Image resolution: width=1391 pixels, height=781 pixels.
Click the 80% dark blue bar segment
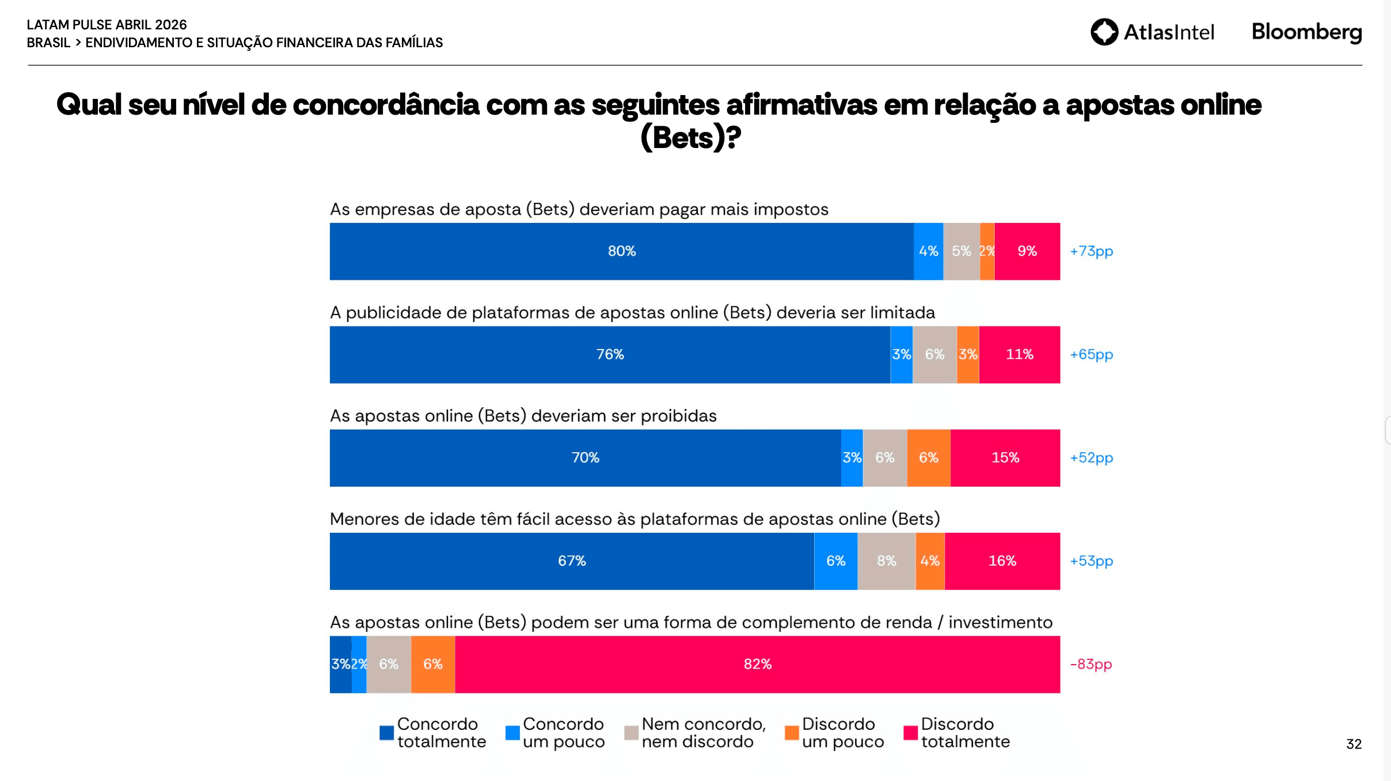pyautogui.click(x=621, y=251)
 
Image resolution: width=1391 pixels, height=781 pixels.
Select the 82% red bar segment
pyautogui.click(x=757, y=664)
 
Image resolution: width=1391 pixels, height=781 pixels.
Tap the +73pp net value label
pyautogui.click(x=1091, y=251)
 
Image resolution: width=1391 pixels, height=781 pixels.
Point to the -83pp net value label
pyautogui.click(x=1090, y=664)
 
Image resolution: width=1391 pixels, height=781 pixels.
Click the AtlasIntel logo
pyautogui.click(x=1152, y=32)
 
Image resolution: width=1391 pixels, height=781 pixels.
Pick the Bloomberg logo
pyautogui.click(x=1306, y=32)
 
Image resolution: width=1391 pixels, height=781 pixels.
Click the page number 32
pyautogui.click(x=1354, y=744)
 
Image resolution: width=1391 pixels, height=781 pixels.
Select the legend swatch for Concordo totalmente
pyautogui.click(x=387, y=733)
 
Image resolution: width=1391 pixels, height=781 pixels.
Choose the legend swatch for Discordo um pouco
pyautogui.click(x=792, y=733)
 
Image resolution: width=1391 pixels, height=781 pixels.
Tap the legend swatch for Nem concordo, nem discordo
pyautogui.click(x=632, y=733)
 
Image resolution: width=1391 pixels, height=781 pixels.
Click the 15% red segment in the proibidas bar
pyautogui.click(x=1005, y=458)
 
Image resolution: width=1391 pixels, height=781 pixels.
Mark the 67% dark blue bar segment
pyautogui.click(x=572, y=561)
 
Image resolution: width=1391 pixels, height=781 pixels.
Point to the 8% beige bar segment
pyautogui.click(x=886, y=561)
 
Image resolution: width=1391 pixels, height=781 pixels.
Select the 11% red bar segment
pyautogui.click(x=1019, y=354)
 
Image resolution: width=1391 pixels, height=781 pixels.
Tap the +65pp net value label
pyautogui.click(x=1091, y=354)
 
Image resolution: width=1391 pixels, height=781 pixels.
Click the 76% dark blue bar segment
pyautogui.click(x=610, y=354)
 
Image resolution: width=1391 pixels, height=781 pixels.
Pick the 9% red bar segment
pyautogui.click(x=1027, y=251)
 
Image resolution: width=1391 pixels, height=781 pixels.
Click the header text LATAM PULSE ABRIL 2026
pyautogui.click(x=107, y=25)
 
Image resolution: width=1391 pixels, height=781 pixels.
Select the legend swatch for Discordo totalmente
pyautogui.click(x=910, y=733)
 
